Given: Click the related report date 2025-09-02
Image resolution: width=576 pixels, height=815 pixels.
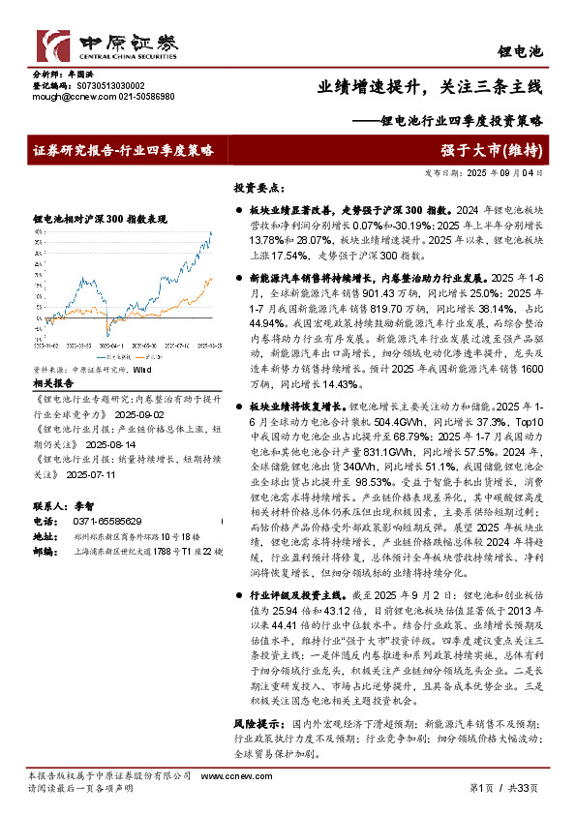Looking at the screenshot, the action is point(139,358).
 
